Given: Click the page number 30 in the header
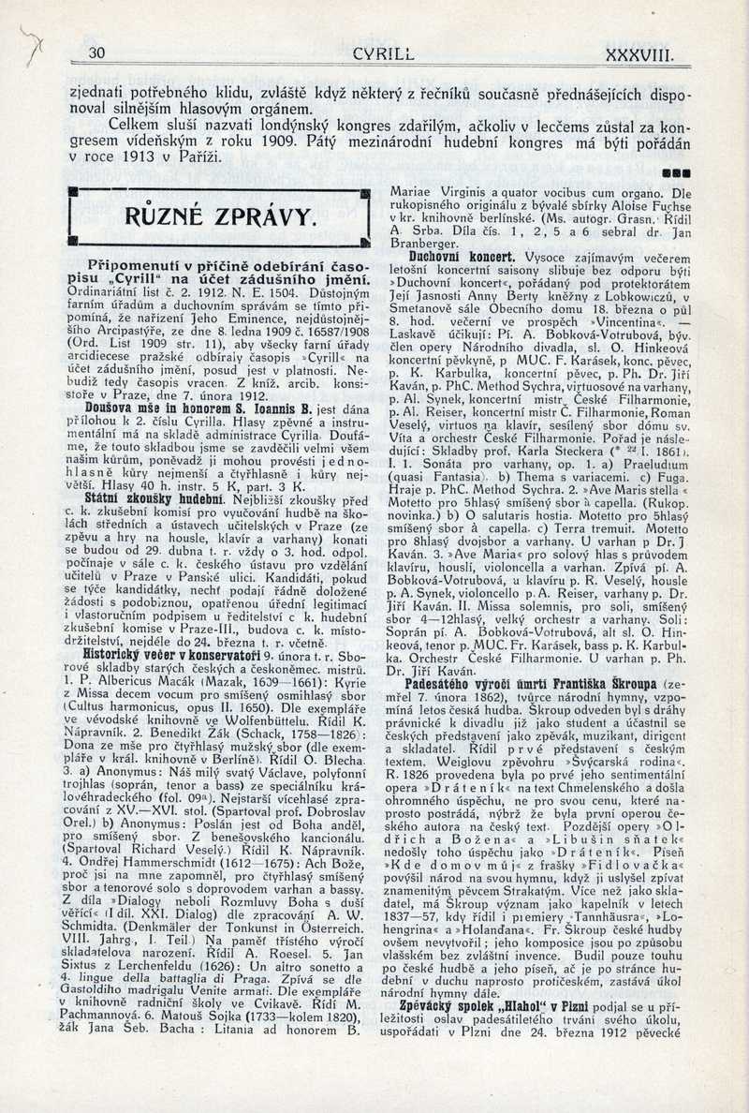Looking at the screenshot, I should (96, 53).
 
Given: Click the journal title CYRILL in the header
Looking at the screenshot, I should (384, 53).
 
